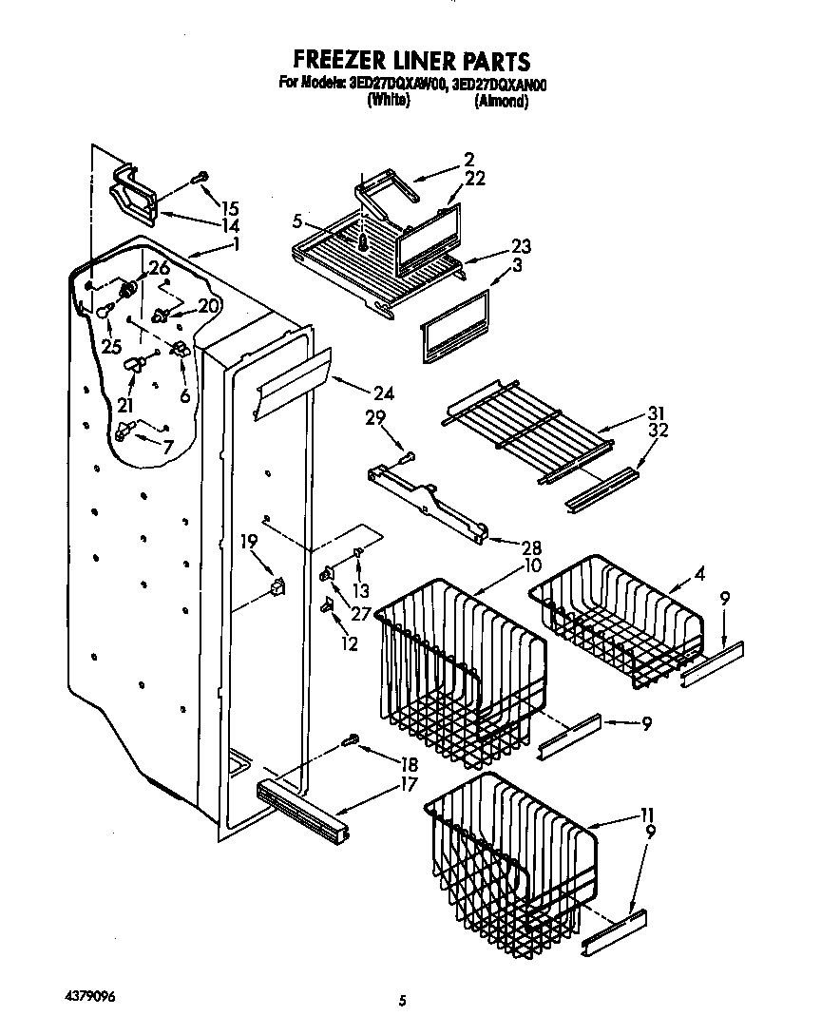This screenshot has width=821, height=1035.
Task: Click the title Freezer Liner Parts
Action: tap(410, 63)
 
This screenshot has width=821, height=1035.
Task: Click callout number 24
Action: tap(384, 393)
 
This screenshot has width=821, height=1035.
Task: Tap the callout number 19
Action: tap(248, 543)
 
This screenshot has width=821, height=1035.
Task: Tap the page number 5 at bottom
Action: tap(404, 1000)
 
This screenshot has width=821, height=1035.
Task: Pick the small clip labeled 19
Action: tap(277, 585)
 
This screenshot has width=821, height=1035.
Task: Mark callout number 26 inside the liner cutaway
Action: tap(159, 267)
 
